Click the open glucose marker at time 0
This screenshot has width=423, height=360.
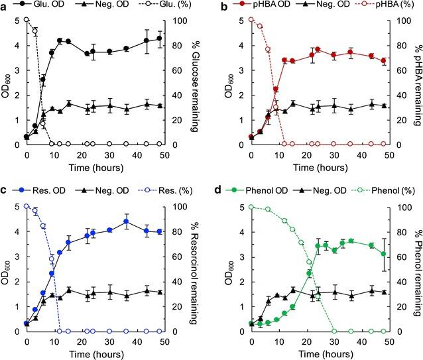pos(27,19)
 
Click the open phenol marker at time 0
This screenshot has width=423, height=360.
pos(251,206)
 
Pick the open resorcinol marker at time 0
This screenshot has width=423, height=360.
pos(27,206)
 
